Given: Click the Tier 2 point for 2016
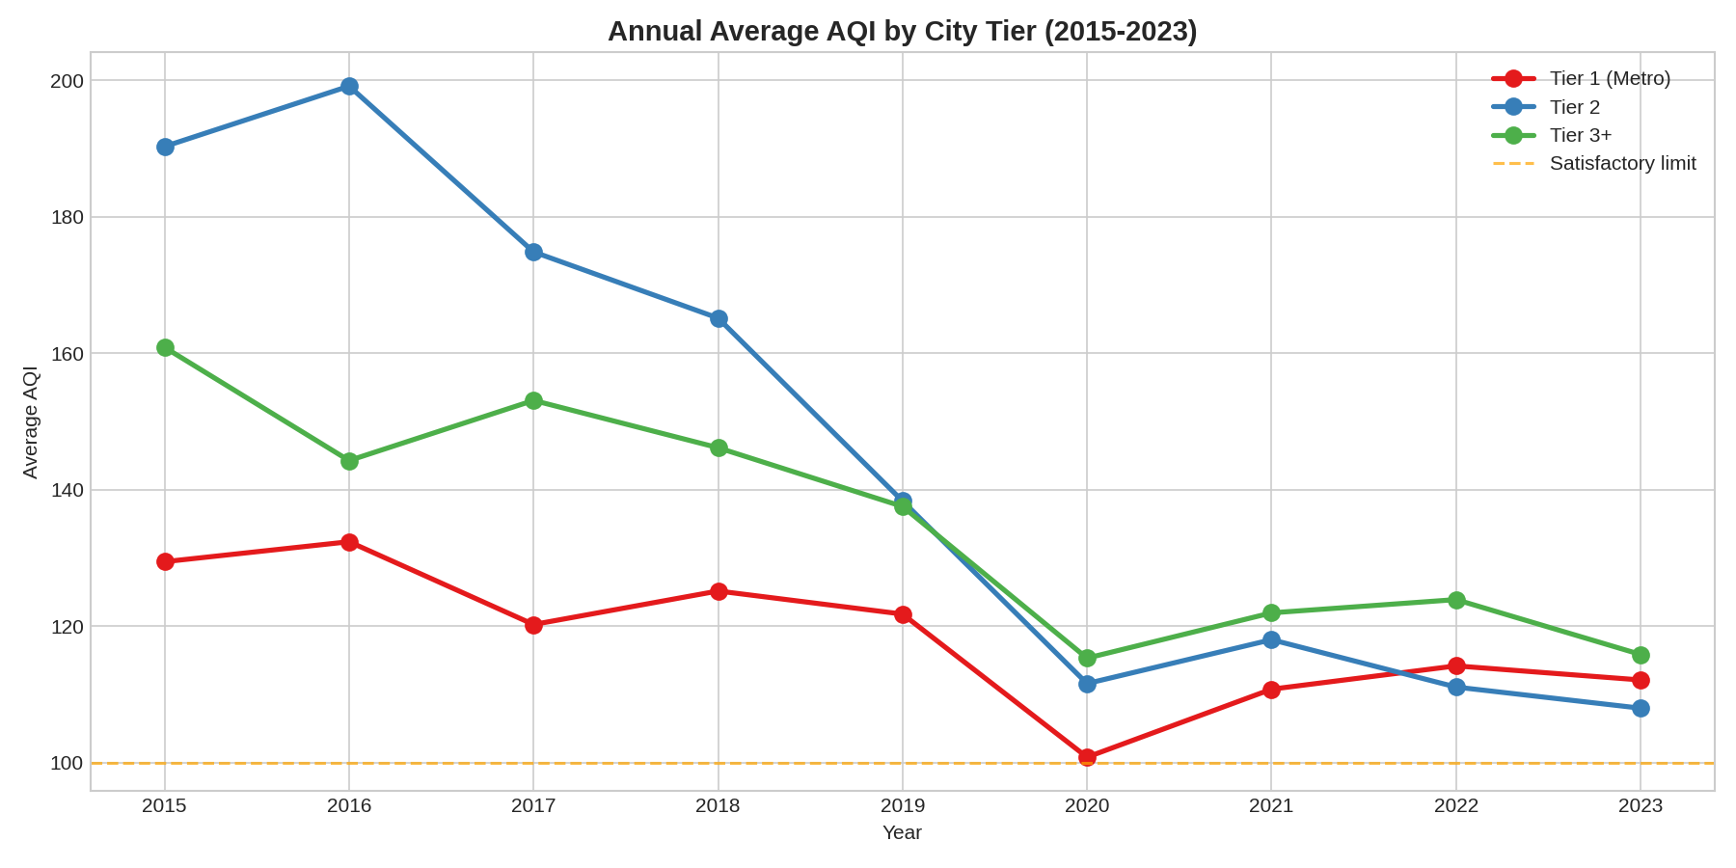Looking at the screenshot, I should (x=349, y=87).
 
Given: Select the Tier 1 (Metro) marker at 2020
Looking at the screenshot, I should (x=1087, y=757).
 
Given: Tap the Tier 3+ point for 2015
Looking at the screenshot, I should (x=165, y=347).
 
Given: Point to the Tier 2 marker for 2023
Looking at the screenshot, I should (x=1641, y=708).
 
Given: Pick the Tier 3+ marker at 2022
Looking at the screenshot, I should (x=1456, y=600).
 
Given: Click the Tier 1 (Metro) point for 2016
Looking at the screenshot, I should (x=349, y=542).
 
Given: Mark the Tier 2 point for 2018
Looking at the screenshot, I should (x=719, y=318).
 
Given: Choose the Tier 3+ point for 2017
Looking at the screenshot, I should (x=533, y=400).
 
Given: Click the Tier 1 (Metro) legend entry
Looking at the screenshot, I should (x=1609, y=79).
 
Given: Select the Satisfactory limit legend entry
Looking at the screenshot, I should (x=1622, y=163).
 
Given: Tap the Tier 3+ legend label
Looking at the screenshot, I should (x=1581, y=135).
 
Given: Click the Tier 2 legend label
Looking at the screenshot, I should (x=1574, y=107).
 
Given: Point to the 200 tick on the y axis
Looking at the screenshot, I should (x=67, y=81).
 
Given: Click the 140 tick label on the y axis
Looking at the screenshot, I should (x=67, y=490).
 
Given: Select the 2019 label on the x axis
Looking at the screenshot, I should (x=903, y=806).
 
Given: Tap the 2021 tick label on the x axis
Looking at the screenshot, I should (x=1271, y=806).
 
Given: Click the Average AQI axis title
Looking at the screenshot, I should (x=31, y=421).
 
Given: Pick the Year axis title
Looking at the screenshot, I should (x=902, y=833).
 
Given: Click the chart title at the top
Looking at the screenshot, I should (x=902, y=31).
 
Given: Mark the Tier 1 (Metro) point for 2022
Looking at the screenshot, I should (x=1456, y=665).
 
